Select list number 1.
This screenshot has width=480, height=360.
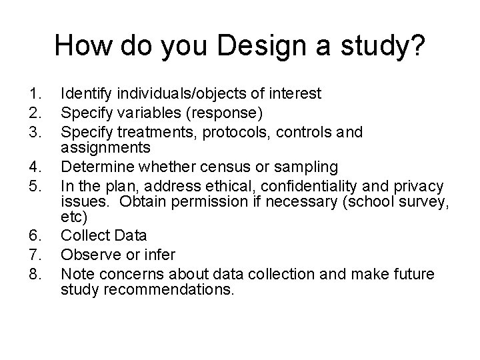click(34, 94)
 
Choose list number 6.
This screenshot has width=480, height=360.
click(34, 236)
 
